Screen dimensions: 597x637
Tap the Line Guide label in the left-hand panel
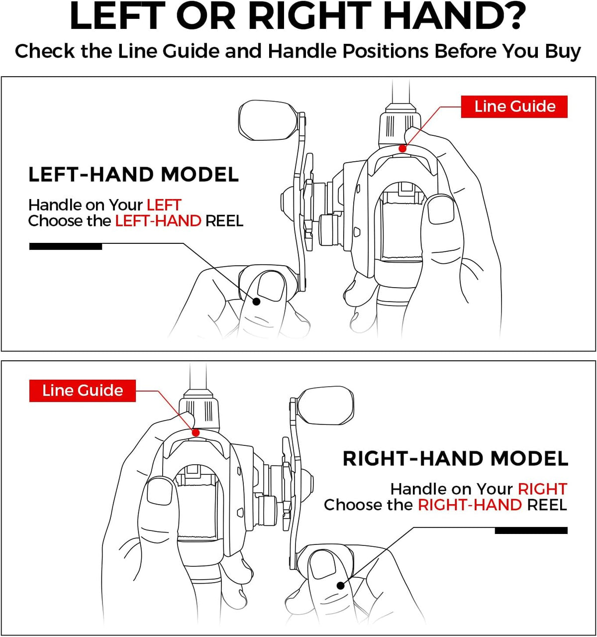514,106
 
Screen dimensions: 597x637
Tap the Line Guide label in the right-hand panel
83,391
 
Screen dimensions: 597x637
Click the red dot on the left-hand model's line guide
402,148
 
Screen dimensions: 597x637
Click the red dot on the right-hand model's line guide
196,433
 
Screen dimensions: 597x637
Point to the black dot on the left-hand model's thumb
256,302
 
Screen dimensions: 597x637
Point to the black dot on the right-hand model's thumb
340,585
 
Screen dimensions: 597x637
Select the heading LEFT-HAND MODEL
133,175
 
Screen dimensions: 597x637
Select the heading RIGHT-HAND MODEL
456,458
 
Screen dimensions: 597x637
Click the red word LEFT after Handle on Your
164,205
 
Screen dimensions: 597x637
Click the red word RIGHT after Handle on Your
542,489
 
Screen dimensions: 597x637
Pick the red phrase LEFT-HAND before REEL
158,221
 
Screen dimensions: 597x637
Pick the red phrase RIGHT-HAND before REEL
470,505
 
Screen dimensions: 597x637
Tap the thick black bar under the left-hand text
66,246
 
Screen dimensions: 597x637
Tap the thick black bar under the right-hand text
531,531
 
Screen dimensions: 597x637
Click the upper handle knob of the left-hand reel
269,120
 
